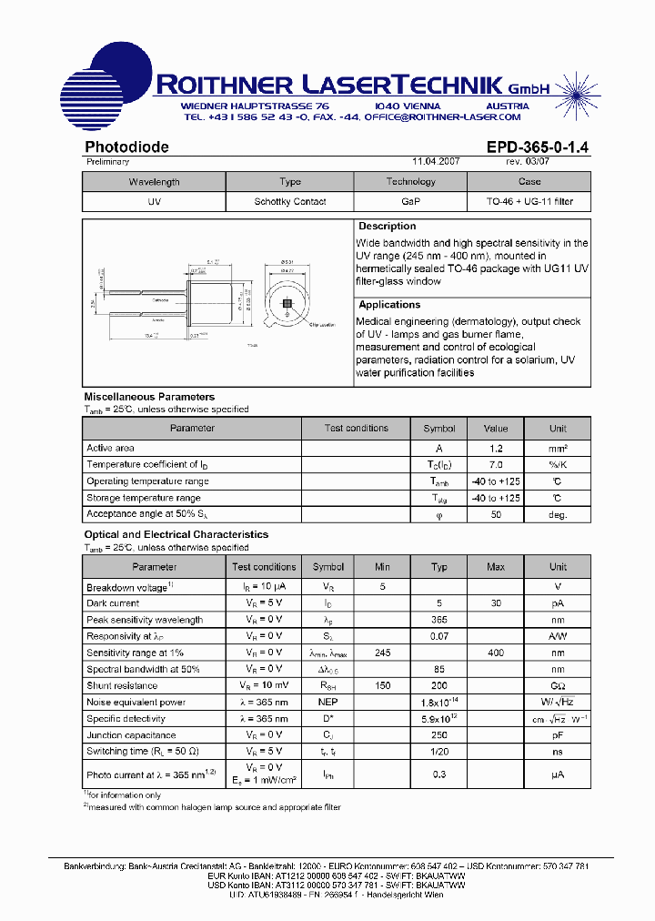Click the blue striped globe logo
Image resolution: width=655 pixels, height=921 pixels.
(102, 87)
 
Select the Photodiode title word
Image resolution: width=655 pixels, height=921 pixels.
(126, 147)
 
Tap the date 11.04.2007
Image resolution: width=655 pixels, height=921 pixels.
(436, 161)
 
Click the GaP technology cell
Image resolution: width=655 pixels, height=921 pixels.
(411, 202)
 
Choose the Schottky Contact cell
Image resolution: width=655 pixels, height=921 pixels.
(289, 202)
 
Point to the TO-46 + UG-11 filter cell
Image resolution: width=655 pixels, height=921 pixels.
(529, 202)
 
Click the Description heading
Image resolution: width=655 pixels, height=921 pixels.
(387, 226)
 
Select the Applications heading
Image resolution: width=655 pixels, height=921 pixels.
(389, 305)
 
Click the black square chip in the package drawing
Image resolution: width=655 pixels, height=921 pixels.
(287, 303)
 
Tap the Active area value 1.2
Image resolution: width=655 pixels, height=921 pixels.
(496, 448)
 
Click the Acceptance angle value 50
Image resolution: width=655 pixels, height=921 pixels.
(496, 514)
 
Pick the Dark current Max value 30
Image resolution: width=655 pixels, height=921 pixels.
(496, 603)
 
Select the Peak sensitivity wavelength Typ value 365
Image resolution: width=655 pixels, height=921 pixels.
(439, 620)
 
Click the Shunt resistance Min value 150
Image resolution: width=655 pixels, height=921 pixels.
(382, 685)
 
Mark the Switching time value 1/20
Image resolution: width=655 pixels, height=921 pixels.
(439, 751)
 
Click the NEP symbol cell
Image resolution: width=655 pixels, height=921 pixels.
(328, 702)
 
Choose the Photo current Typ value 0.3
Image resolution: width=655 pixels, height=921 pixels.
(439, 774)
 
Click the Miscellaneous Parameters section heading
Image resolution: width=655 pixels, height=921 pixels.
(149, 397)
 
